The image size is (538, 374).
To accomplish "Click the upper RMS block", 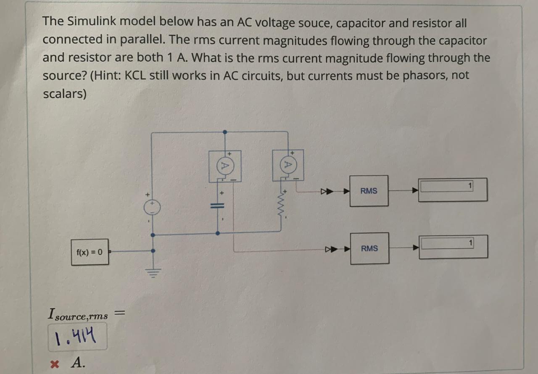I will click(369, 191).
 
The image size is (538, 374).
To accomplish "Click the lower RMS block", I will click(369, 248).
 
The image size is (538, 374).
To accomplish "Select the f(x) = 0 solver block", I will click(90, 252).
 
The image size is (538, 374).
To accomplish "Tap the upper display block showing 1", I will click(453, 190).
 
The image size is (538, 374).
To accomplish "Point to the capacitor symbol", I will click(217, 206).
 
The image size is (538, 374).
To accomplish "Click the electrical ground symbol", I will click(153, 273).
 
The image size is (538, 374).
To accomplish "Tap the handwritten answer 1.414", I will click(76, 336).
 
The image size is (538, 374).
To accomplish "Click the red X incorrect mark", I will click(53, 363).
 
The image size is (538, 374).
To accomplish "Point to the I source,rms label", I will click(78, 314).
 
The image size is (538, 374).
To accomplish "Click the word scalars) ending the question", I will click(64, 94).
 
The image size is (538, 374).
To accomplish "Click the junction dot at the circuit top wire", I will click(225, 132).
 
